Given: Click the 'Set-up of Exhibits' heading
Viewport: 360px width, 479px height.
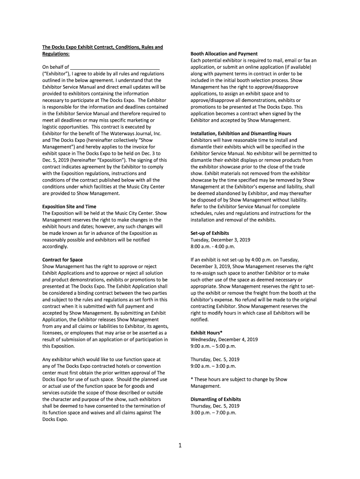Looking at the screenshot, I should [x=210, y=233].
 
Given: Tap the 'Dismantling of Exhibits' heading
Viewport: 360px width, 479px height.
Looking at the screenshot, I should [x=216, y=399].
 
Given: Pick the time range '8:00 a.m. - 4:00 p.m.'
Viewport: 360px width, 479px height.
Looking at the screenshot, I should [x=213, y=246].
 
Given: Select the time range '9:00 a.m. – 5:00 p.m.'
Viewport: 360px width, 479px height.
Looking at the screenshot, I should [x=213, y=346].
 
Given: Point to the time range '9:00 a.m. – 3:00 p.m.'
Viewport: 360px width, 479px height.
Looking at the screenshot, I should [x=213, y=366].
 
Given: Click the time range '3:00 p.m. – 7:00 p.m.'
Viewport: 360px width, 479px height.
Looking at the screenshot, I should [x=213, y=413].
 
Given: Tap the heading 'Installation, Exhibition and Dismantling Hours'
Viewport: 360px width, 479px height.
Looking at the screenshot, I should [x=241, y=133].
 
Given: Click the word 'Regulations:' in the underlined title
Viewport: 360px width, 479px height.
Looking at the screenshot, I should [x=56, y=54].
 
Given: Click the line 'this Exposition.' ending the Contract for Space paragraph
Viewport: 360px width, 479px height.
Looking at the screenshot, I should [x=59, y=346].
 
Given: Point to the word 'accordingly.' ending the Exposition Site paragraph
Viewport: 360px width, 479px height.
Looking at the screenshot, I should [x=55, y=246].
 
